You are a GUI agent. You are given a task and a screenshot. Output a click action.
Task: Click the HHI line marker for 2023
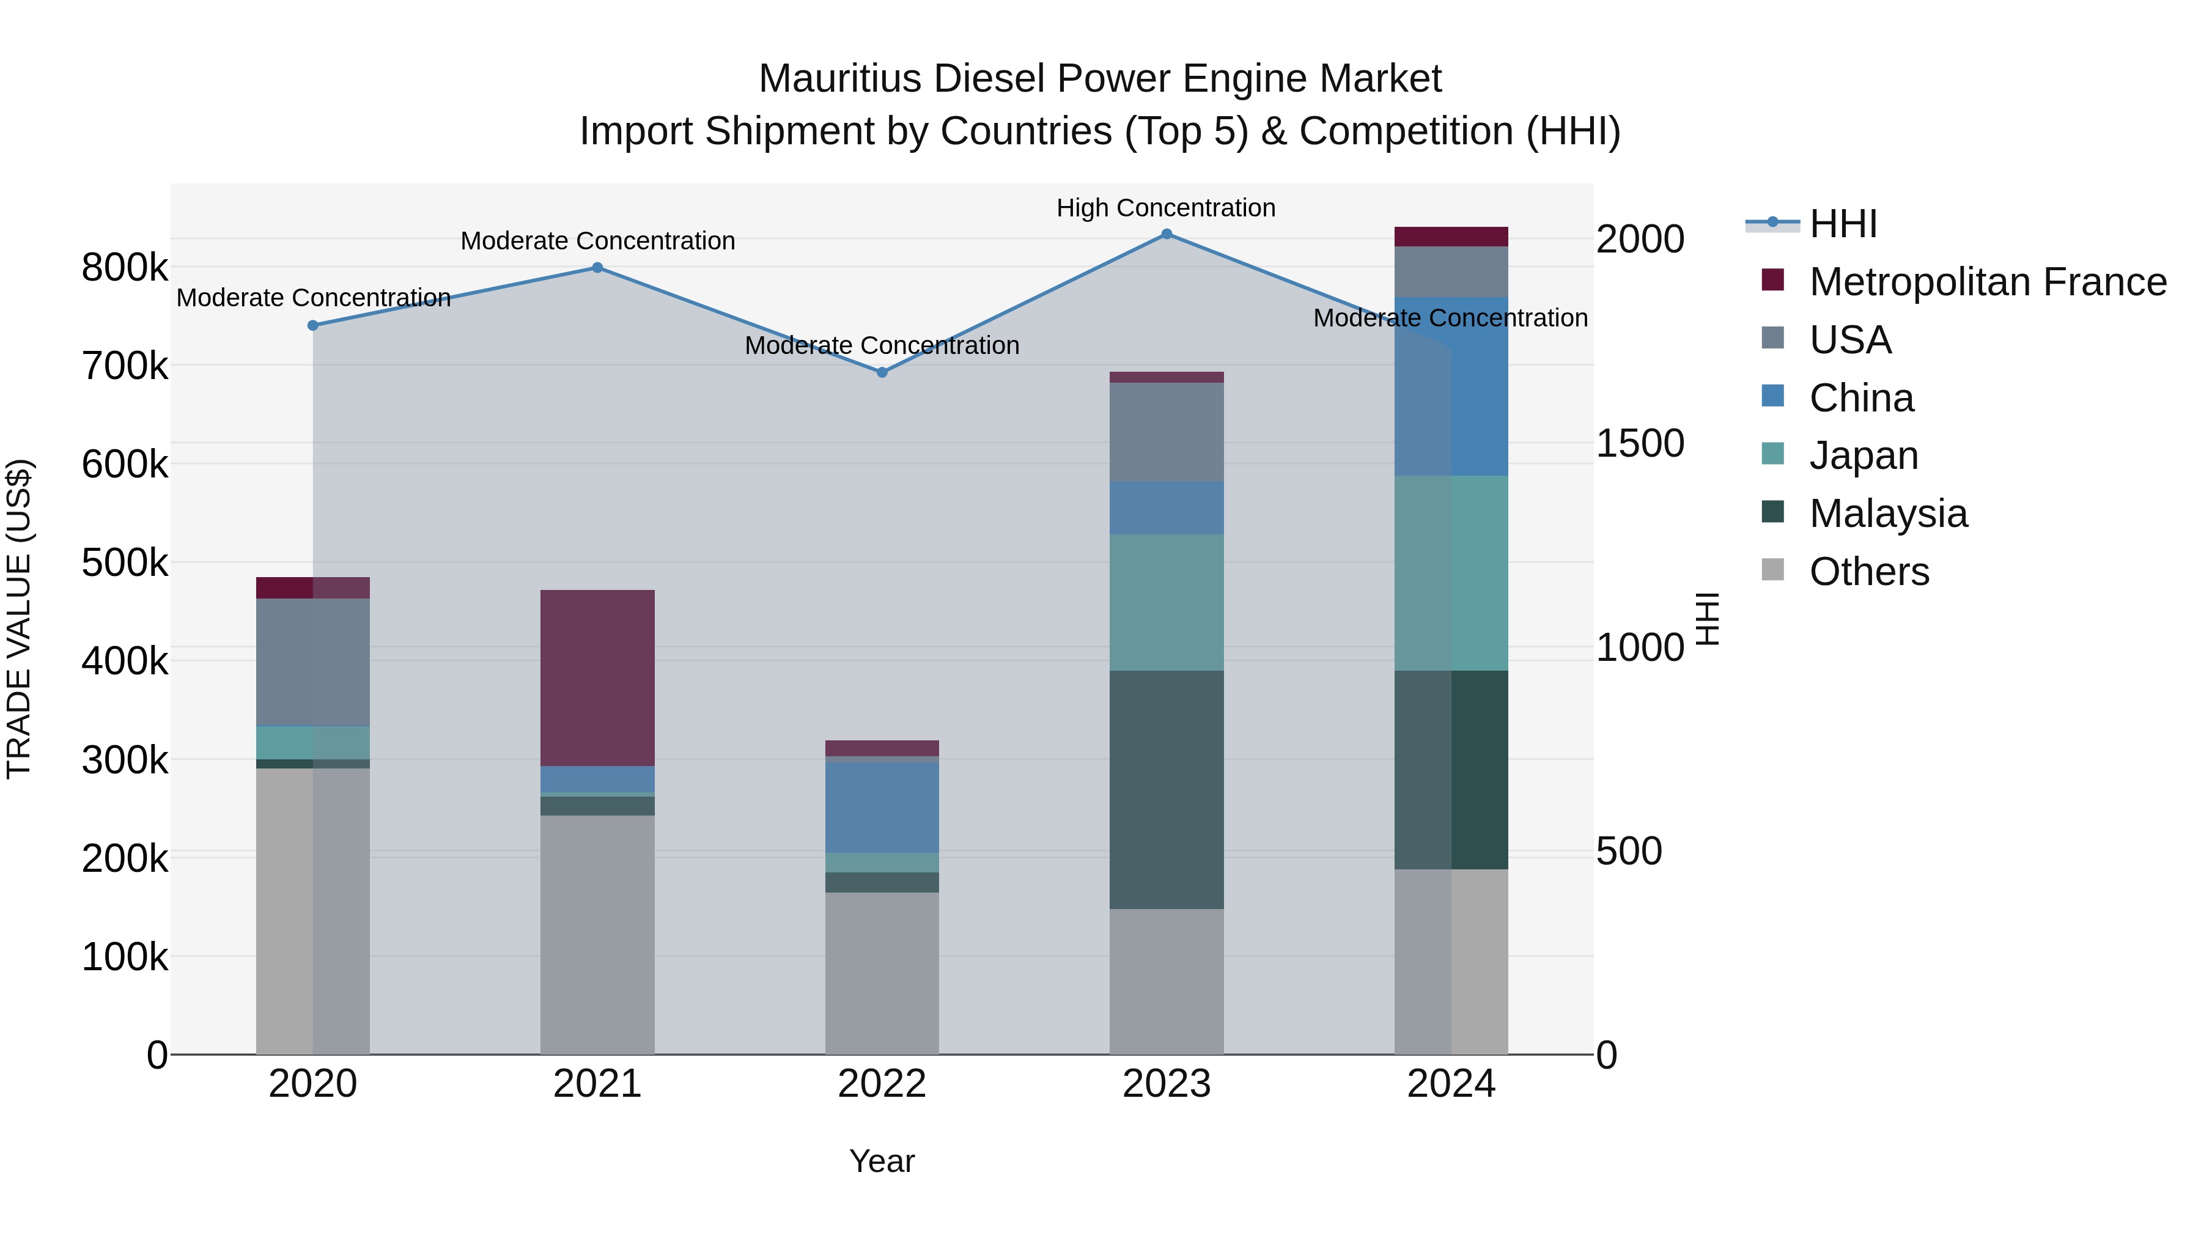pyautogui.click(x=1167, y=234)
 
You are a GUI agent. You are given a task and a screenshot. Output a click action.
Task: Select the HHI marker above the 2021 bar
pyautogui.click(x=597, y=267)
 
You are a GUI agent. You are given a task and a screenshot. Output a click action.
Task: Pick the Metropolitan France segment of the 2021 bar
pyautogui.click(x=597, y=677)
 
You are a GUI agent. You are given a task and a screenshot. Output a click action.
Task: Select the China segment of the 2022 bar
pyautogui.click(x=882, y=806)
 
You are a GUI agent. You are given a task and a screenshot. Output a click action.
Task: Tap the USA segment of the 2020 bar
pyautogui.click(x=312, y=662)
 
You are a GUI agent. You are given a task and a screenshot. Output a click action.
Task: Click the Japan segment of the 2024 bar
pyautogui.click(x=1451, y=573)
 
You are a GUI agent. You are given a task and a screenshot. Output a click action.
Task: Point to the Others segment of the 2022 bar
pyautogui.click(x=882, y=973)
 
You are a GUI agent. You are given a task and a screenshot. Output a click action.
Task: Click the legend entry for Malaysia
pyautogui.click(x=1889, y=514)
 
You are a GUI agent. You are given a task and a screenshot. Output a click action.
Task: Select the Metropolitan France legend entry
pyautogui.click(x=1988, y=282)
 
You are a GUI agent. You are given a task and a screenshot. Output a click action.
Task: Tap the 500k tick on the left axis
pyautogui.click(x=125, y=563)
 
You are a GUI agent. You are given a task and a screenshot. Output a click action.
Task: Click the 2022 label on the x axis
pyautogui.click(x=882, y=1084)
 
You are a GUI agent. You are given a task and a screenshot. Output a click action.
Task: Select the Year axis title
pyautogui.click(x=882, y=1161)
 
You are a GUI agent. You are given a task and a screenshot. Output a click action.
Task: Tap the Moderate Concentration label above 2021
pyautogui.click(x=597, y=241)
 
